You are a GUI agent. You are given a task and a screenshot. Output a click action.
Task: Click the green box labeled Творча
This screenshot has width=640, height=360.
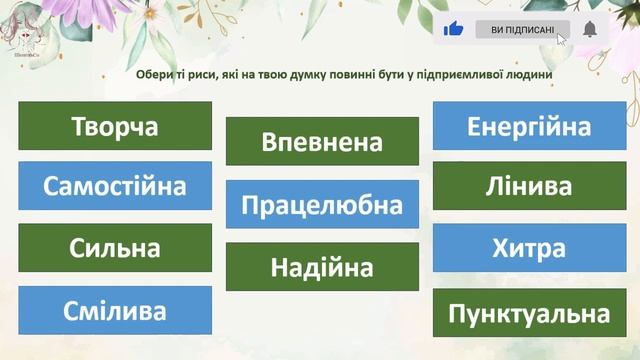click(x=115, y=126)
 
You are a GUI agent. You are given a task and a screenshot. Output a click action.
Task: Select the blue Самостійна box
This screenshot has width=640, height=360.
click(x=115, y=186)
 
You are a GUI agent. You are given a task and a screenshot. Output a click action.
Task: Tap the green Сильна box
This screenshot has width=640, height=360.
click(x=115, y=248)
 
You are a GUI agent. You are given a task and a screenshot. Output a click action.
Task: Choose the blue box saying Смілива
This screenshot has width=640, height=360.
click(x=115, y=310)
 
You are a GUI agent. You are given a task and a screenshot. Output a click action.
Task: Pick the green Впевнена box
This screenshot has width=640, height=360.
click(x=322, y=141)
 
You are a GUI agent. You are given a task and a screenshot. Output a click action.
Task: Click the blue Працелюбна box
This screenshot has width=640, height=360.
click(x=322, y=204)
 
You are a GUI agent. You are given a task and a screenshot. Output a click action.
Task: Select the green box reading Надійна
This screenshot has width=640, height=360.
click(x=322, y=267)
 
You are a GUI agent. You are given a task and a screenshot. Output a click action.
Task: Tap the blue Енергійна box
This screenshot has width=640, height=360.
click(x=529, y=126)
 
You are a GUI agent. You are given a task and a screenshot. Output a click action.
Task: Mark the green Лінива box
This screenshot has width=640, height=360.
click(x=529, y=186)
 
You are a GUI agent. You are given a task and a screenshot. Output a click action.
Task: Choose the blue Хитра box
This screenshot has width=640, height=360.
click(x=529, y=248)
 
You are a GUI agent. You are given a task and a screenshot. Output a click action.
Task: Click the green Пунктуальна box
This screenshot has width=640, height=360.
click(x=529, y=313)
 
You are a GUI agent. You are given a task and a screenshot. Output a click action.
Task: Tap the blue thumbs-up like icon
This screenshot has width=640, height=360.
click(x=454, y=29)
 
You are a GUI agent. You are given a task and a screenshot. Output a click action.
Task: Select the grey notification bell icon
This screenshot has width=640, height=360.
click(x=590, y=29)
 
